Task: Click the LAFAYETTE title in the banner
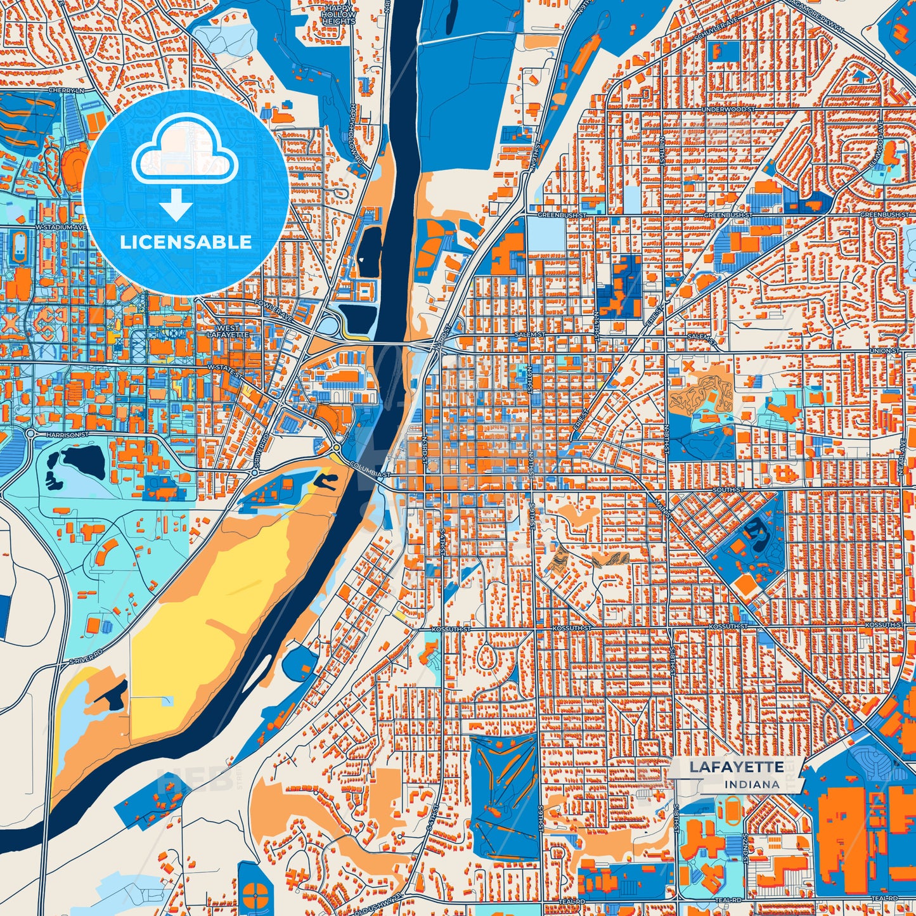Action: [737, 767]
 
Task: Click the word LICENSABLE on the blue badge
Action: [186, 242]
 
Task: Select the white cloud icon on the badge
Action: [185, 153]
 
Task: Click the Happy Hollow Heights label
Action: [339, 14]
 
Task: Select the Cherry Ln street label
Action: [66, 91]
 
